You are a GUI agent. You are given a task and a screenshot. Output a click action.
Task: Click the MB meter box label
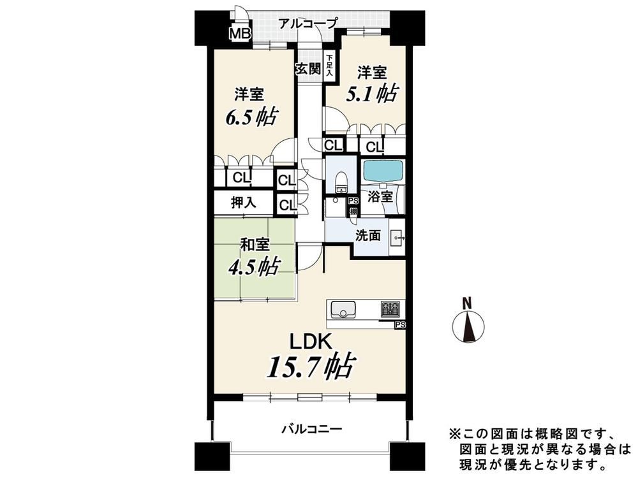coord(240,33)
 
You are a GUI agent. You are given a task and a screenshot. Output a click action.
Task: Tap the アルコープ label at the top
coord(308,23)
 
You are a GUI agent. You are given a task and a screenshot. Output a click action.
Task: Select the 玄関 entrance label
coord(308,68)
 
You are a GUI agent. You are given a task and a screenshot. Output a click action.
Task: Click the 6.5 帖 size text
coord(251,116)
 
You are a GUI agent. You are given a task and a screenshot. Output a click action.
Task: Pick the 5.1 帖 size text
coord(372,93)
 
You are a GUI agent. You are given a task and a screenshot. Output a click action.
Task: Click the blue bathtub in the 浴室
coord(383,171)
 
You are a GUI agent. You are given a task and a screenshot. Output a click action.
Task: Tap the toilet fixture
coord(341,181)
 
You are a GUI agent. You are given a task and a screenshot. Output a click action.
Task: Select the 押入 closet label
coord(244,202)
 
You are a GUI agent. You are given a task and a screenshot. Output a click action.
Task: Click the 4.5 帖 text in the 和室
coord(253,266)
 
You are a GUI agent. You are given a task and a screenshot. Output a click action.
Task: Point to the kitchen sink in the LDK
coord(343,309)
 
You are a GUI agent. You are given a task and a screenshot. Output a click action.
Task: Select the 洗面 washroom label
coord(368,236)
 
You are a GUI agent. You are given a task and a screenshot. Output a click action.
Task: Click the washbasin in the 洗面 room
coord(397,237)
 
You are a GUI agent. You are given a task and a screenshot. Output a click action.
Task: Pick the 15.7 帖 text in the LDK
coord(311,365)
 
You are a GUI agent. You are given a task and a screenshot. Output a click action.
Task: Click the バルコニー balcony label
coord(313,428)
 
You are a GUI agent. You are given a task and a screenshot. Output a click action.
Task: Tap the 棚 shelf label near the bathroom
coord(354,212)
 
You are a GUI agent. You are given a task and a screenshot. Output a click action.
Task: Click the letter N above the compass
coord(468,303)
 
